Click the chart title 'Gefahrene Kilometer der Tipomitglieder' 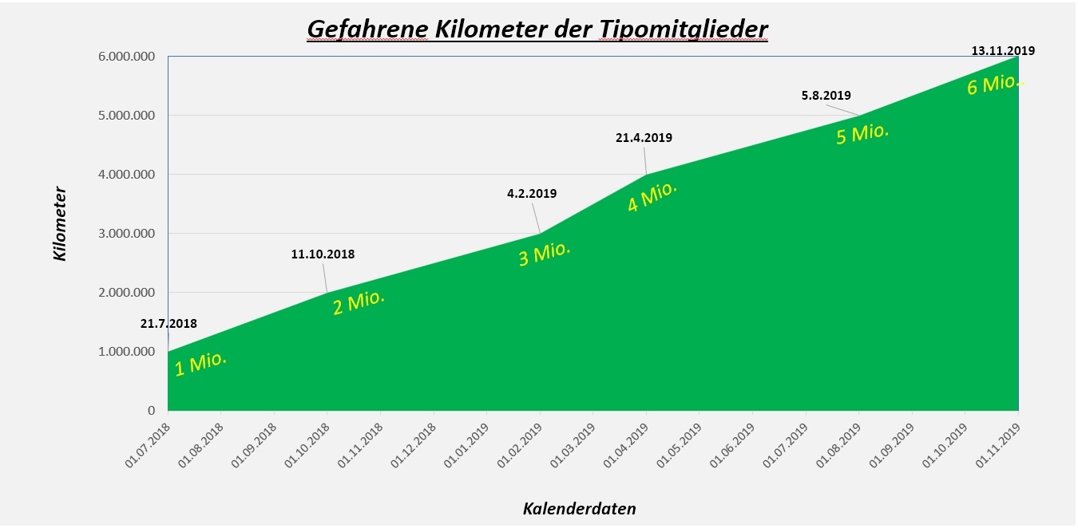[x=537, y=30]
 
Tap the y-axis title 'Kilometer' [x=60, y=224]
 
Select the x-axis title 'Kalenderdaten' [x=579, y=509]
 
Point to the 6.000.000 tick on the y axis [x=122, y=56]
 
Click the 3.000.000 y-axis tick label [x=122, y=234]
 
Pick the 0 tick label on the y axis [x=150, y=411]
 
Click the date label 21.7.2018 [x=168, y=324]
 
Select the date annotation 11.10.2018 [x=323, y=254]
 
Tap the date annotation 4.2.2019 [x=532, y=193]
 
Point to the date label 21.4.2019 [x=644, y=137]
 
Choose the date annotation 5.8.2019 [x=826, y=96]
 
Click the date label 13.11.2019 [x=1002, y=50]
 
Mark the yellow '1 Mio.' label [x=200, y=364]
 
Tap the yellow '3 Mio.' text [x=545, y=254]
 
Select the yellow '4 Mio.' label [x=652, y=196]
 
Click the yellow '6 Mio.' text [x=994, y=84]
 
